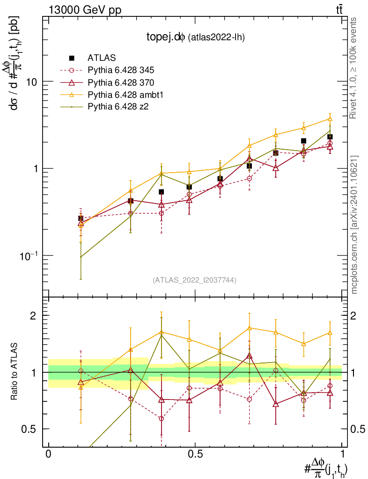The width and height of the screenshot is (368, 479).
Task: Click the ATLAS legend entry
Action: tap(99, 58)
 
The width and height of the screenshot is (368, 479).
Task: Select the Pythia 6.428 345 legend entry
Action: tap(121, 70)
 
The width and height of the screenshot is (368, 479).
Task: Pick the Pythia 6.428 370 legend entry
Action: tap(121, 82)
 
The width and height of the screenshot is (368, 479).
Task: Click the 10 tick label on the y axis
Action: tap(32, 81)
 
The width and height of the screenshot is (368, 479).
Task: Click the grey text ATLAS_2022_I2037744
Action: tap(194, 280)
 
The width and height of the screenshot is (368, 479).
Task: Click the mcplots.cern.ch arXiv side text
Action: tap(354, 225)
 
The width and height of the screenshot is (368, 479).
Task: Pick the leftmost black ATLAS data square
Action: tap(81, 218)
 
